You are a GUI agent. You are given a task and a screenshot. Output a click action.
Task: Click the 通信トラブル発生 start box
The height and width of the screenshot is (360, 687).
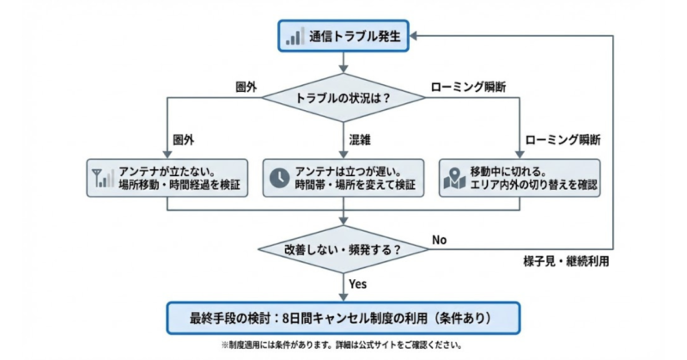pyautogui.click(x=343, y=36)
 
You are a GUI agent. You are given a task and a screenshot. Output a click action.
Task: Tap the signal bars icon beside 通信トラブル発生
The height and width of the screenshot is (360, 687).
pyautogui.click(x=295, y=36)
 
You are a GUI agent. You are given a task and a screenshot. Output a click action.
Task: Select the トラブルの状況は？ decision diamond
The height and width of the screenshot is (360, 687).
pyautogui.click(x=343, y=98)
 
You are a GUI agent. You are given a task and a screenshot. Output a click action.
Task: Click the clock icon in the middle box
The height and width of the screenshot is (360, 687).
pyautogui.click(x=279, y=177)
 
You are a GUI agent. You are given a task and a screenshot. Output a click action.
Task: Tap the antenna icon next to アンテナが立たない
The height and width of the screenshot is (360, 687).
pyautogui.click(x=103, y=177)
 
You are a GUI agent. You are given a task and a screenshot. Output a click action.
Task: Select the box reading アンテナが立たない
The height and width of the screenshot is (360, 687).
pyautogui.click(x=167, y=177)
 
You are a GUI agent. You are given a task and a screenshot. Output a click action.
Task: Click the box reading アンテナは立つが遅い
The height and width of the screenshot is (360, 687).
pyautogui.click(x=343, y=177)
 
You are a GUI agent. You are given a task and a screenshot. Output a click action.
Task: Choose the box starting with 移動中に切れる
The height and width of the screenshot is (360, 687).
pyautogui.click(x=520, y=177)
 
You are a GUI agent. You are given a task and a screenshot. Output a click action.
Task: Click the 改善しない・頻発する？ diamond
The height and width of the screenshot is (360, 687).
pyautogui.click(x=343, y=249)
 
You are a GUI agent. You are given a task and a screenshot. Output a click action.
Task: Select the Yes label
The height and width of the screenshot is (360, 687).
pyautogui.click(x=359, y=283)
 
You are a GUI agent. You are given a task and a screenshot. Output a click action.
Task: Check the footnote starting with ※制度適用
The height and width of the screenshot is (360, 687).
pyautogui.click(x=343, y=345)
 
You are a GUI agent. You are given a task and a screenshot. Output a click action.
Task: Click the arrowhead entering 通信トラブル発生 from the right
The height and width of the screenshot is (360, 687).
pyautogui.click(x=416, y=36)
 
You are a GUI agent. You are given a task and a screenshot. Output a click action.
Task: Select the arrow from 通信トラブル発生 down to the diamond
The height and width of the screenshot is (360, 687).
pyautogui.click(x=343, y=62)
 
